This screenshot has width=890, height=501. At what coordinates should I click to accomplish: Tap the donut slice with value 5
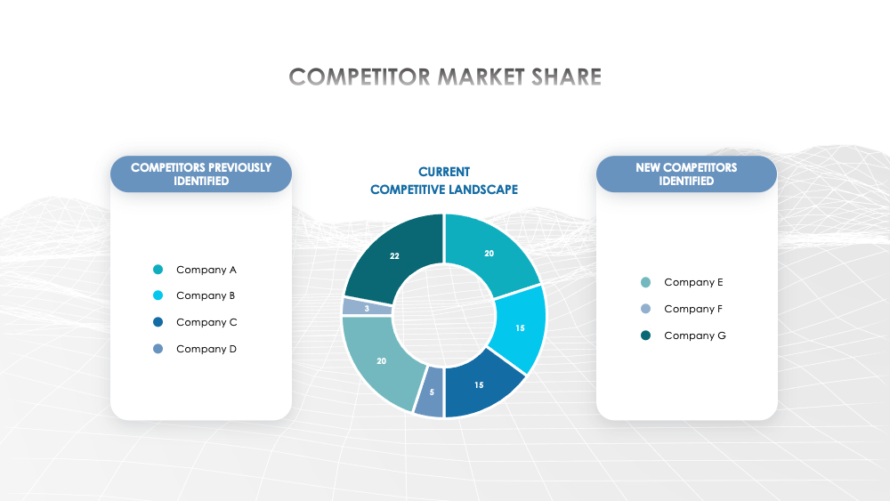[430, 392]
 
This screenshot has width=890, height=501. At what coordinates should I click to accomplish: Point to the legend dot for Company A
[158, 270]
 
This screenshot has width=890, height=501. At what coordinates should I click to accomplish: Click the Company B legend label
[206, 295]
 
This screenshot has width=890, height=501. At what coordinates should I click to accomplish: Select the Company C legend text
[206, 322]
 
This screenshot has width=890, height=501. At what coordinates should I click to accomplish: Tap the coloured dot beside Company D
[158, 349]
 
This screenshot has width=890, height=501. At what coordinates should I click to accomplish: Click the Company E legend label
[693, 282]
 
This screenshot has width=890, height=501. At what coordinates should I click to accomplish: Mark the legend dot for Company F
[645, 309]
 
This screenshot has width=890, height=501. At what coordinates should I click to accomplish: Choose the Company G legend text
[695, 335]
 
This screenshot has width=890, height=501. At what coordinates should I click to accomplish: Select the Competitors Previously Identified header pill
[201, 174]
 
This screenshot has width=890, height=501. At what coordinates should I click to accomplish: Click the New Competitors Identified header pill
[686, 174]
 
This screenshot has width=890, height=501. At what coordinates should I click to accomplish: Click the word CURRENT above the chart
[444, 172]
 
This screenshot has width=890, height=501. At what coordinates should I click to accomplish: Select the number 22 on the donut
[394, 255]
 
